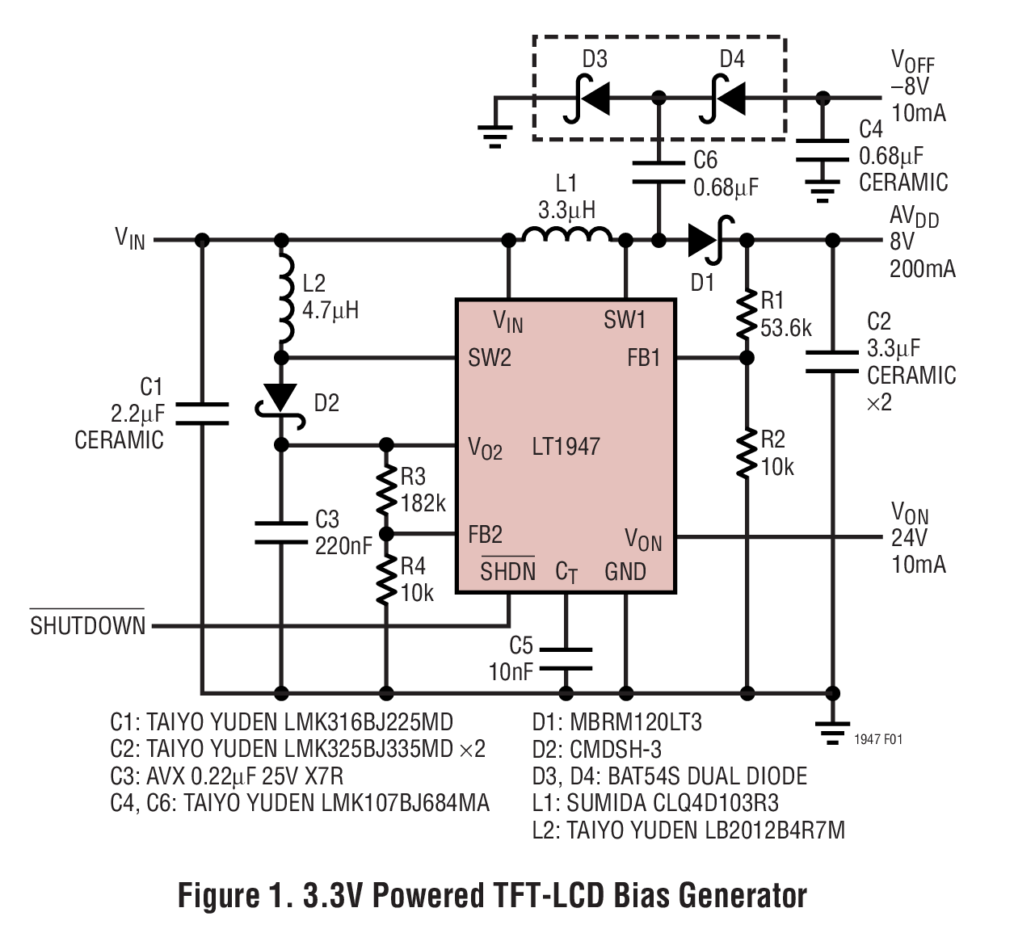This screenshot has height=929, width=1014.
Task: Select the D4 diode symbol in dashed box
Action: point(722,99)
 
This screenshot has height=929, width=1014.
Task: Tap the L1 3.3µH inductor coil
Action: point(567,235)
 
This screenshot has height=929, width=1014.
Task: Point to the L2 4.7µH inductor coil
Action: point(284,298)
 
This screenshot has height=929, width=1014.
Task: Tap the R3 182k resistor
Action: point(387,490)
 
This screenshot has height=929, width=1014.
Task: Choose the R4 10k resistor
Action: point(387,580)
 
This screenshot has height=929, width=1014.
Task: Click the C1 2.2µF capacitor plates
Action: point(202,413)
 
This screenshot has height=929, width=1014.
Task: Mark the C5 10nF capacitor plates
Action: point(566,658)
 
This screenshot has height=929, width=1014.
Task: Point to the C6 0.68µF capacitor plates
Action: point(658,172)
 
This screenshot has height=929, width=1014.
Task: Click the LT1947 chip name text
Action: point(566,447)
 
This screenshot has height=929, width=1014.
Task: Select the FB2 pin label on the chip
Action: point(485,535)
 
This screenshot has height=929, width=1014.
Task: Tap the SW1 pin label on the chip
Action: point(625,320)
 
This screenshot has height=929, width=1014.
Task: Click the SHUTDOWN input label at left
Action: point(87,626)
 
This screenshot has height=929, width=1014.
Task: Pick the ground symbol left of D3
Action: point(494,133)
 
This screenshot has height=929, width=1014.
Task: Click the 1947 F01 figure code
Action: point(878,739)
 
